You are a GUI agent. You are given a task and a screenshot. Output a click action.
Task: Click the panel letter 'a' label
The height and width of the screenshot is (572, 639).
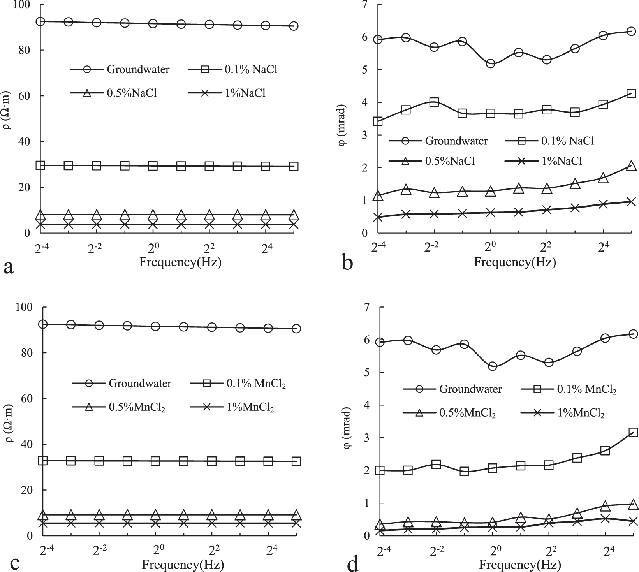[x=9, y=268]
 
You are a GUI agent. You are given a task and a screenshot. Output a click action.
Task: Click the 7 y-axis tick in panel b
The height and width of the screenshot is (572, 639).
[x=364, y=5]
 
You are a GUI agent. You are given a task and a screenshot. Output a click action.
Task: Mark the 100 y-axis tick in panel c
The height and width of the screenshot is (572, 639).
[x=27, y=307]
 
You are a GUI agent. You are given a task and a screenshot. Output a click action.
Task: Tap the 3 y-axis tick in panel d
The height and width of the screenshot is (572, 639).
[x=366, y=438]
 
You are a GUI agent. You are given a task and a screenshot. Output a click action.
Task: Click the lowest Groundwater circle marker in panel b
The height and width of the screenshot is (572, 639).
[x=490, y=63]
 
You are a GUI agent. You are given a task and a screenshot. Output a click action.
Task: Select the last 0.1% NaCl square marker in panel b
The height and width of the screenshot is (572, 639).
[x=631, y=93]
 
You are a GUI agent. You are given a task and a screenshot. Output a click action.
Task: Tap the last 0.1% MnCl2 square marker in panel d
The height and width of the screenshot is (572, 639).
[x=633, y=432]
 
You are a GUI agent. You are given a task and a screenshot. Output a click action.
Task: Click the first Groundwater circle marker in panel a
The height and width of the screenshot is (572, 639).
[x=40, y=21]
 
